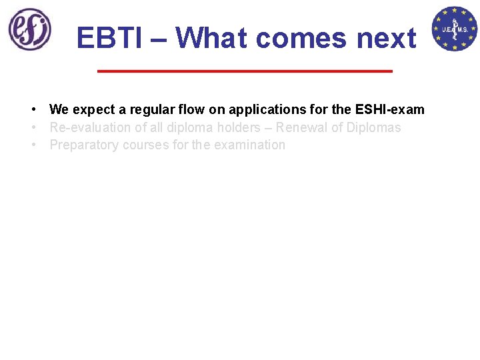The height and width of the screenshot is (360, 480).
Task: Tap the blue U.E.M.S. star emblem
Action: [455, 29]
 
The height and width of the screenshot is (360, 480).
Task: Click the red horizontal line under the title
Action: [245, 71]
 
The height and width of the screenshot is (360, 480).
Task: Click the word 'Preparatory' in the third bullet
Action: [83, 145]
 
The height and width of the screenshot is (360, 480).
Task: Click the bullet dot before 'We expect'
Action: [32, 109]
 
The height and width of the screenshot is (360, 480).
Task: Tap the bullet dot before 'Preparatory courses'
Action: [32, 145]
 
